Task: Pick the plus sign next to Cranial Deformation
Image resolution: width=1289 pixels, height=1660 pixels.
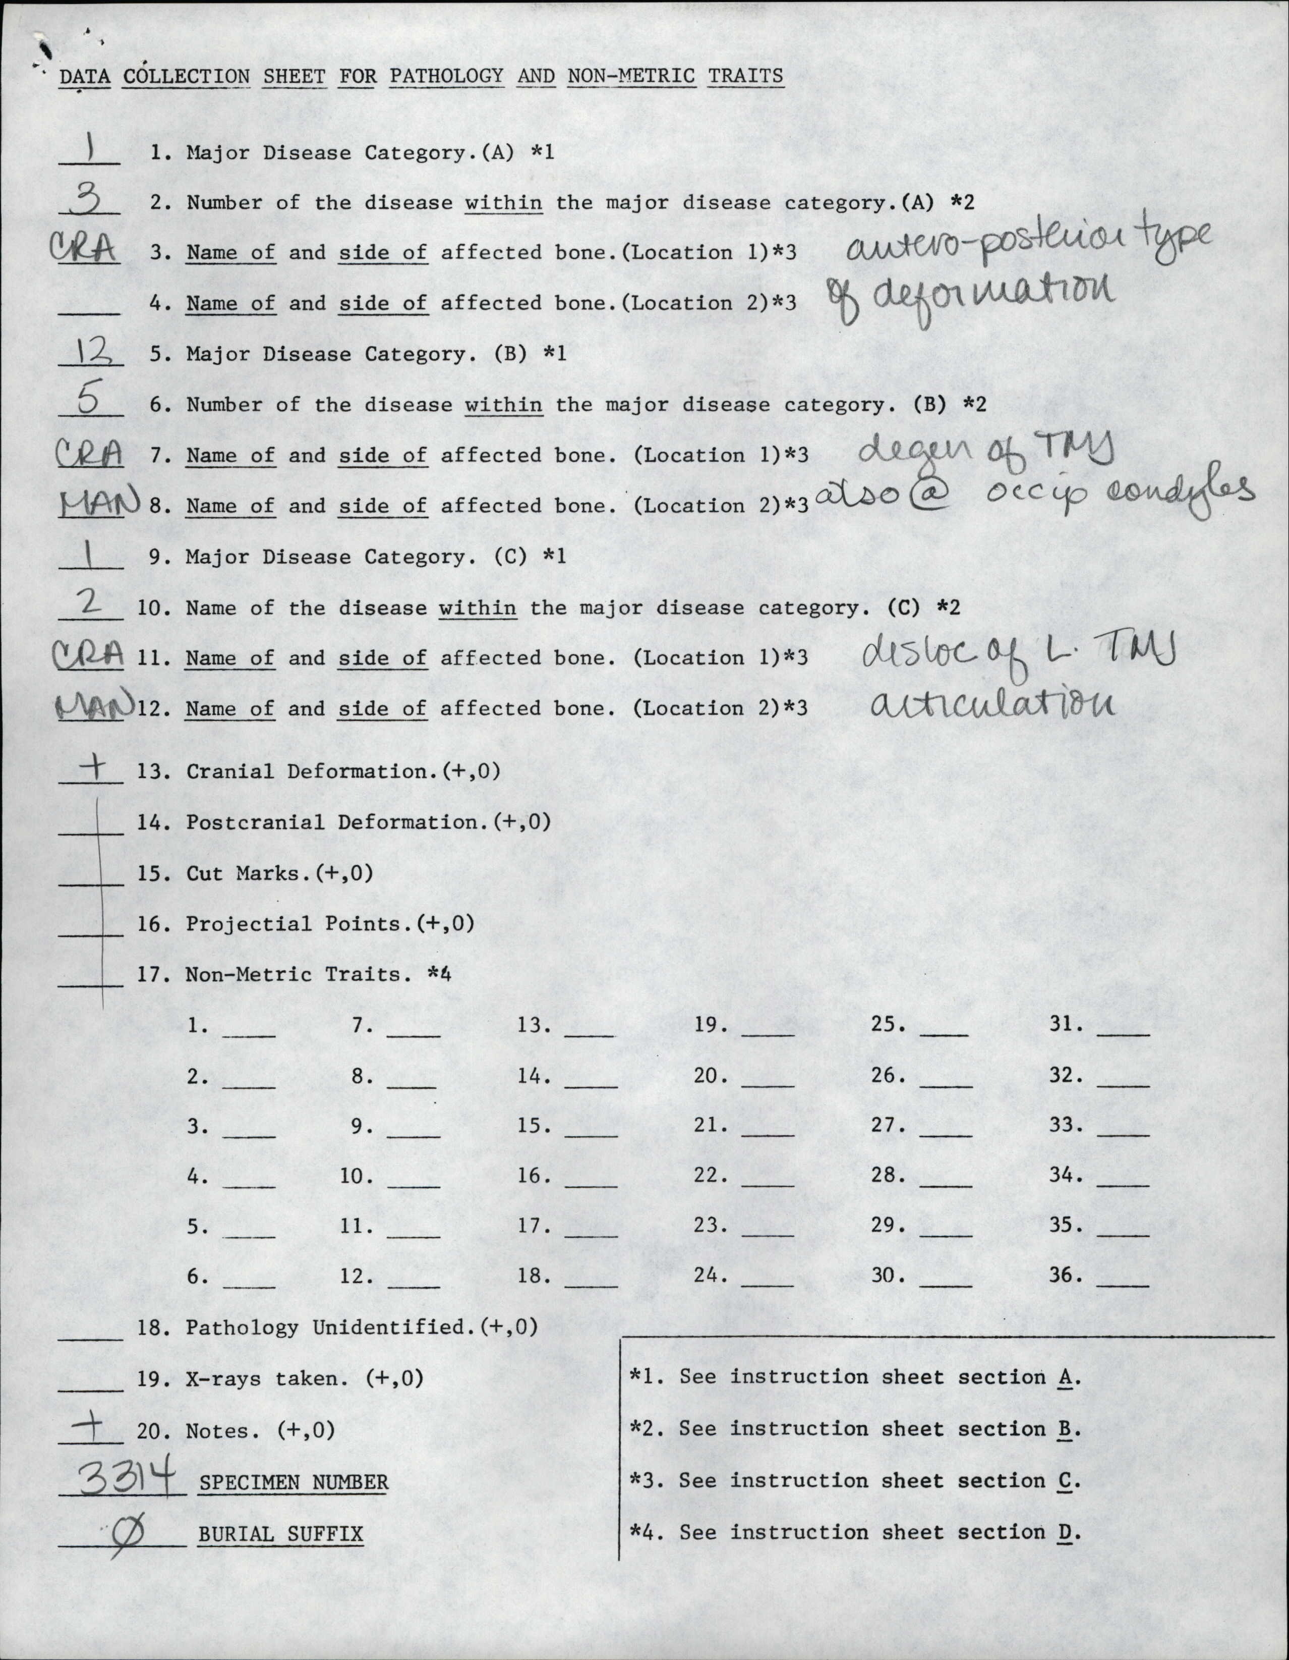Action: (92, 767)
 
